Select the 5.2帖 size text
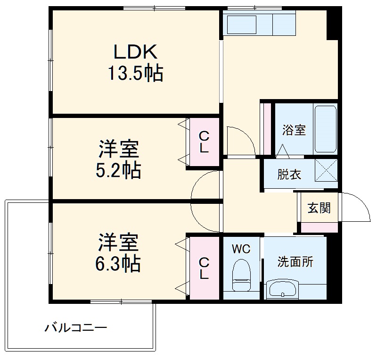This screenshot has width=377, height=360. tap(118, 170)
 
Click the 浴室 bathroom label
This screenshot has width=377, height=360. tap(294, 130)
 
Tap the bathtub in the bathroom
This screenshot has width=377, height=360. tap(325, 128)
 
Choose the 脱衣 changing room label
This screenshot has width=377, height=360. tap(289, 175)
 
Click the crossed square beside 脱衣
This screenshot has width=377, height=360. tap(326, 171)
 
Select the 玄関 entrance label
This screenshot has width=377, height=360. tap(319, 208)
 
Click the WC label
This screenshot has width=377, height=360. tap(240, 249)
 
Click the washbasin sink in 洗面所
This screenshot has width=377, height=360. tap(282, 288)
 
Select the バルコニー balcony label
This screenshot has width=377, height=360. tap(75, 327)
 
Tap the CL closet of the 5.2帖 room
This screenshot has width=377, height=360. tap(204, 142)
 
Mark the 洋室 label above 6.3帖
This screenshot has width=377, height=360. tap(118, 243)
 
